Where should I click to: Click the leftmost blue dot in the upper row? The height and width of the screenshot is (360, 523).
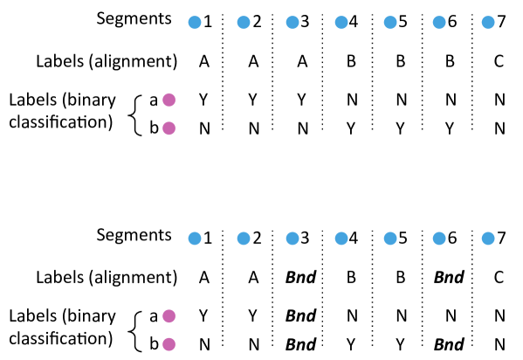[x=195, y=23]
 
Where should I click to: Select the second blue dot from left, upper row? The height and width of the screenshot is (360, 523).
[x=244, y=23]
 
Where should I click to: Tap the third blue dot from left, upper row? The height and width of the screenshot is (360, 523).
[x=292, y=23]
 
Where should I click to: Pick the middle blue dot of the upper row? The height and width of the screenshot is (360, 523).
[x=341, y=23]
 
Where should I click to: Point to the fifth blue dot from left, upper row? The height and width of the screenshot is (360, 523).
[x=390, y=23]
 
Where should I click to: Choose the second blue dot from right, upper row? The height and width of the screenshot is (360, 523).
[x=439, y=23]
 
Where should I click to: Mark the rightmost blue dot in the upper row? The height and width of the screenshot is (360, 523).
[x=488, y=23]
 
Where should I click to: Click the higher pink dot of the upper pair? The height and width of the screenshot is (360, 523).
[x=169, y=100]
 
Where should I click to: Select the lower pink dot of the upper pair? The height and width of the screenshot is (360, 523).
[x=169, y=128]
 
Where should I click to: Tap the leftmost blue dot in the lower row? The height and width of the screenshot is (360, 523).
[x=195, y=239]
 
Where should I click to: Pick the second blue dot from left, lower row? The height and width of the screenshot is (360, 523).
[x=244, y=239]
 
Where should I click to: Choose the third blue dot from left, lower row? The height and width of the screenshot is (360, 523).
[x=292, y=239]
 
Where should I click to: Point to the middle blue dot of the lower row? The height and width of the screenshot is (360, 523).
[x=341, y=239]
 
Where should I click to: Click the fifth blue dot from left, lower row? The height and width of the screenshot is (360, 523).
[x=390, y=239]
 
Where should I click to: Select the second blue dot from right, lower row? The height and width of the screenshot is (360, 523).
[x=439, y=239]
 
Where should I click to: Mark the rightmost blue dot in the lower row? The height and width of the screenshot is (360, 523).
[x=488, y=239]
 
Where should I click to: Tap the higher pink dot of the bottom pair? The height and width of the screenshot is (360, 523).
[x=169, y=316]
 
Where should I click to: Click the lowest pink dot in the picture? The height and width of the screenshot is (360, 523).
[x=169, y=344]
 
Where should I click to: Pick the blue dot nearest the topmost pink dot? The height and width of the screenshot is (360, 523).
[x=195, y=23]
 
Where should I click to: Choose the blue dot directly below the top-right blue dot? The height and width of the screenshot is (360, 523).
[x=488, y=239]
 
